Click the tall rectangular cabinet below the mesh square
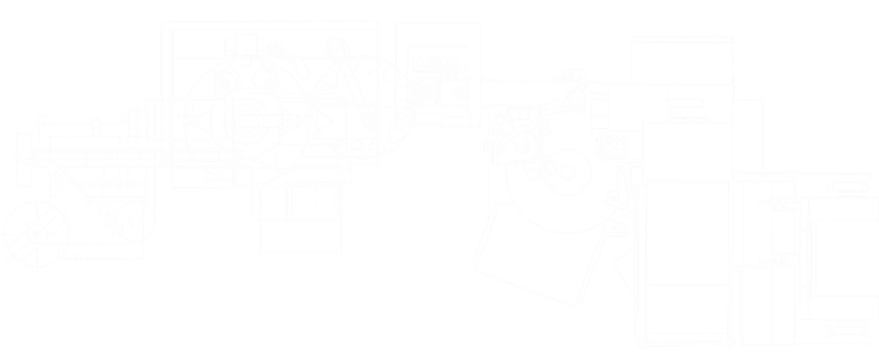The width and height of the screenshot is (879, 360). click(x=684, y=260)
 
